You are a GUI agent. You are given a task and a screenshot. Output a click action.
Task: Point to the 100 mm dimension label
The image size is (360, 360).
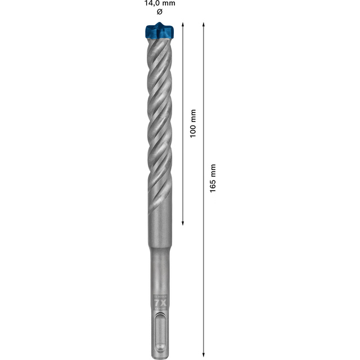coord(192,123)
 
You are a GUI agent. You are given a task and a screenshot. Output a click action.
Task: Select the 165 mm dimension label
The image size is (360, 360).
coord(212,178)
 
